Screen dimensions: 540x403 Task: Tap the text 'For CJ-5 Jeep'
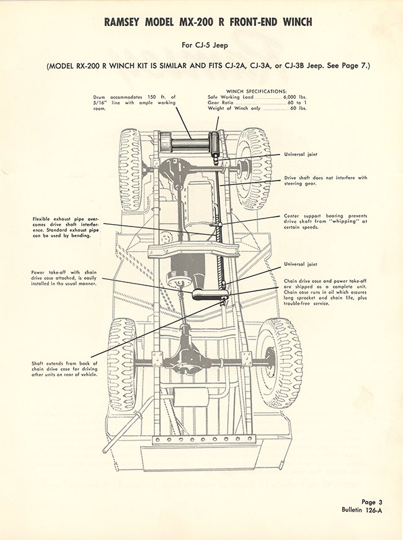201,45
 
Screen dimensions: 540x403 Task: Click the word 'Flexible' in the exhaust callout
46,218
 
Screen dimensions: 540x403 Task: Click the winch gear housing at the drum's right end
215,144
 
